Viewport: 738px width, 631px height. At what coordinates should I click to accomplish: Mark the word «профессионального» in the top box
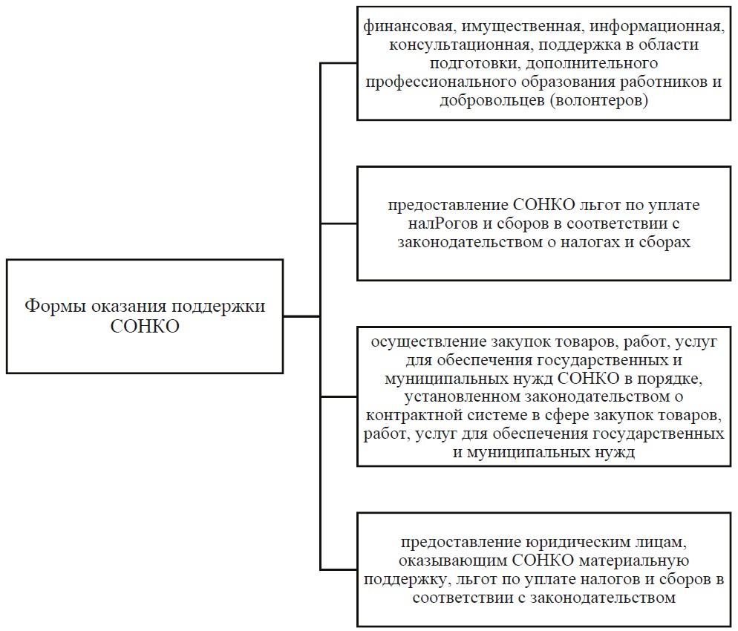[x=435, y=82]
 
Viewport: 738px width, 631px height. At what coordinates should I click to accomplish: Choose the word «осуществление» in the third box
[x=425, y=343]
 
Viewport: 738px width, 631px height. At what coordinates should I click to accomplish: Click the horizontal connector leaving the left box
[x=301, y=316]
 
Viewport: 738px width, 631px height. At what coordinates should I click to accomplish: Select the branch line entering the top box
[x=339, y=64]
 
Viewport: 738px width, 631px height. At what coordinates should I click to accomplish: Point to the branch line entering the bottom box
[x=339, y=569]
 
